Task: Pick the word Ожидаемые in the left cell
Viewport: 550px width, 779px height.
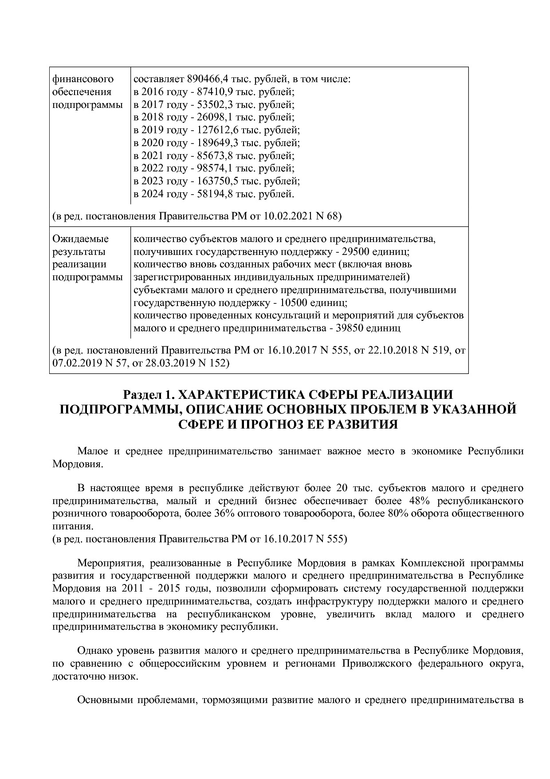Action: pos(80,239)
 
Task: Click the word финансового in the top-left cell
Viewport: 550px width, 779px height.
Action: pos(83,79)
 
